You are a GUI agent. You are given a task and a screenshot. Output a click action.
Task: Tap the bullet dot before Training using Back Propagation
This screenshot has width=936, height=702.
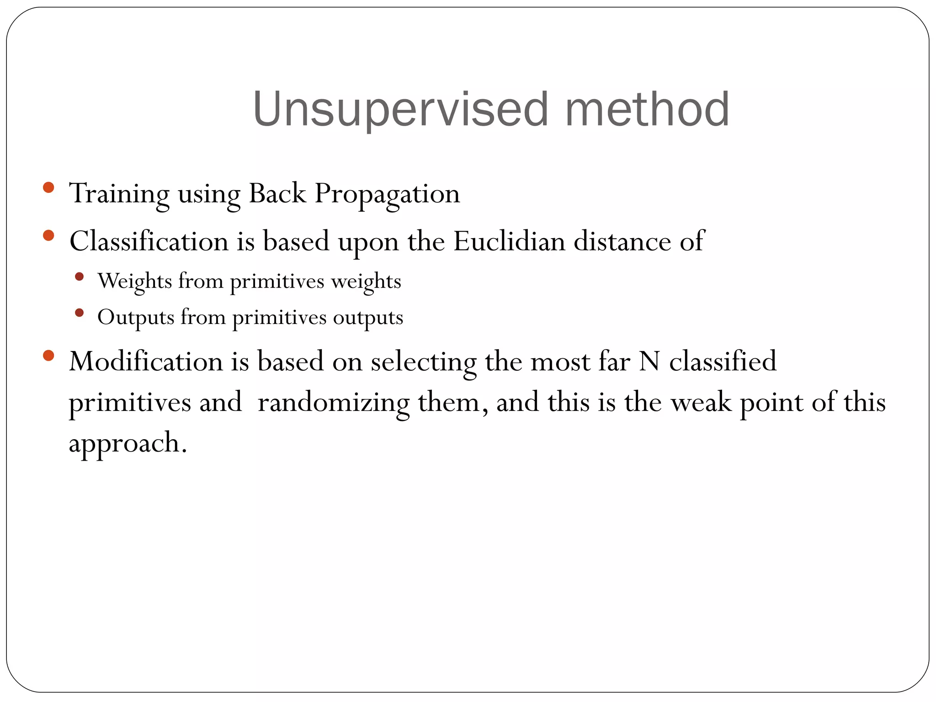[48, 187]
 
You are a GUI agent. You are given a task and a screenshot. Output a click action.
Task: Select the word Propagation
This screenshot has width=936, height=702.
[387, 194]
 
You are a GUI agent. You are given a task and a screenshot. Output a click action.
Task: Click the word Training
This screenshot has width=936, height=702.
[119, 194]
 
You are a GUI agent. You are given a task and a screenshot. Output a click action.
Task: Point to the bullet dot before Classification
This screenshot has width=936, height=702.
[48, 236]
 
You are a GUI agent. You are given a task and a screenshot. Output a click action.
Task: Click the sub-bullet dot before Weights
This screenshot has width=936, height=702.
[79, 277]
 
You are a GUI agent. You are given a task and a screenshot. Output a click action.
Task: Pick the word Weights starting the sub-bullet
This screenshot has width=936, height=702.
[135, 281]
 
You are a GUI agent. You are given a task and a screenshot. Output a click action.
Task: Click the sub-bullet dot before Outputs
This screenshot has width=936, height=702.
[79, 313]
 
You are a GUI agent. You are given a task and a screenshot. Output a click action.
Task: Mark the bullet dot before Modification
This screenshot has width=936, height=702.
[48, 356]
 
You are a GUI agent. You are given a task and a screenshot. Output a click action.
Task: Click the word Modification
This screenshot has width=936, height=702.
[146, 362]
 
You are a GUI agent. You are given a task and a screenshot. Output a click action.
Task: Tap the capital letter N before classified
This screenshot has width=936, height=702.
[649, 362]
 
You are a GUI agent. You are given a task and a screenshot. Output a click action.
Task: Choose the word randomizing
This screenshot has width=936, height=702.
[334, 403]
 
